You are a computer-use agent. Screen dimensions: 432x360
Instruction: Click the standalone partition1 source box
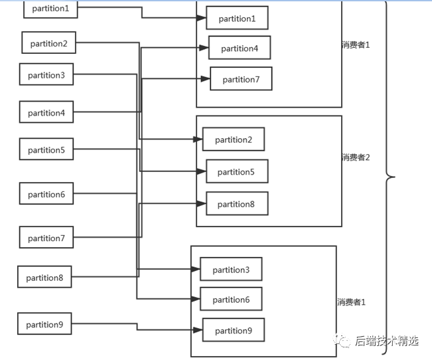click(50, 9)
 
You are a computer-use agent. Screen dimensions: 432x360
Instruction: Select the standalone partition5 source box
click(46, 149)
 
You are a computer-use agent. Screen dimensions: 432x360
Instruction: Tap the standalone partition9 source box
click(44, 323)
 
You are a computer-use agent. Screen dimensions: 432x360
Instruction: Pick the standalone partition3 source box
click(46, 74)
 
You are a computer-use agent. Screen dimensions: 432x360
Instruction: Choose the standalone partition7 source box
click(46, 237)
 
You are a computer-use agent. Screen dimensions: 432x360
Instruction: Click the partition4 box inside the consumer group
click(240, 47)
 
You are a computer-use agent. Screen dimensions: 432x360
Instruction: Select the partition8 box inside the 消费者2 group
click(237, 203)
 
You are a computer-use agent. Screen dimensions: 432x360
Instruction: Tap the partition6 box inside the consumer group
click(231, 299)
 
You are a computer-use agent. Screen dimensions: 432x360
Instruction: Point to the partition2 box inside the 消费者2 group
click(234, 139)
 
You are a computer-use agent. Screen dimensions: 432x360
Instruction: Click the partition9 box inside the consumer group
click(234, 330)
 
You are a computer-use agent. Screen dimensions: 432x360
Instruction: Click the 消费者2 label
click(356, 157)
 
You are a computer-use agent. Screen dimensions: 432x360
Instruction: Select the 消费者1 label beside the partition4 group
click(356, 45)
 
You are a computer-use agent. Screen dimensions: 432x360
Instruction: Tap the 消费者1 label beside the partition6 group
click(351, 302)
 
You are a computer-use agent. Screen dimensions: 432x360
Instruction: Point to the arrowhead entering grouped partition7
click(206, 79)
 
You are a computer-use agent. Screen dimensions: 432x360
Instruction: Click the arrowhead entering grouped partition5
click(201, 171)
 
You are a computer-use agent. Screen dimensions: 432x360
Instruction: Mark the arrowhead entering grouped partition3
click(195, 269)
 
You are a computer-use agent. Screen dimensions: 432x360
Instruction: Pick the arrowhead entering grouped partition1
click(201, 18)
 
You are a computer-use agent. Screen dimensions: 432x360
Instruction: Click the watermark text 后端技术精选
click(387, 341)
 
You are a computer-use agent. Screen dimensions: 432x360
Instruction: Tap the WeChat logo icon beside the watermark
click(342, 341)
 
